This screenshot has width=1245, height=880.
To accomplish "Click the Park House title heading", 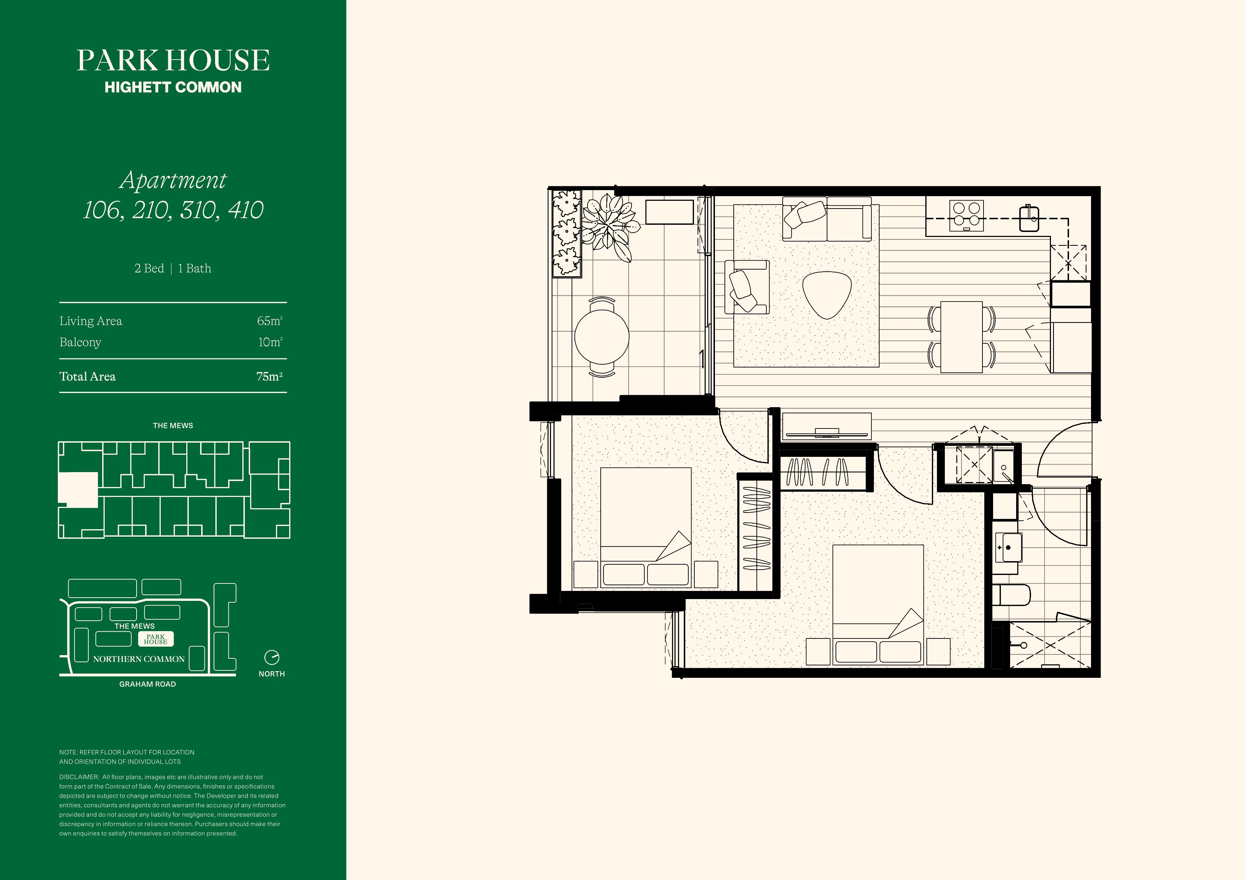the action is click(x=173, y=60).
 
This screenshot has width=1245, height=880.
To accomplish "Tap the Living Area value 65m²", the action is click(x=270, y=321).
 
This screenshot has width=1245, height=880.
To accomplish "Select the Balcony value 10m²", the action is click(x=270, y=342).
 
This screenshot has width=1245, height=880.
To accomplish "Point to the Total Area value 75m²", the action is click(x=270, y=376).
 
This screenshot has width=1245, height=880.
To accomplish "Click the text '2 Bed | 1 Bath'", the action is click(x=173, y=269).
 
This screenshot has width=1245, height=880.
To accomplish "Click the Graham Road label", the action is click(x=148, y=684).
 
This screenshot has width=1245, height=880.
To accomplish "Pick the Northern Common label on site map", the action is click(x=139, y=659).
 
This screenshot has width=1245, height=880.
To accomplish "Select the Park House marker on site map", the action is click(x=156, y=639).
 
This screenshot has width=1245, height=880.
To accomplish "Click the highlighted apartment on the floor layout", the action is click(x=78, y=489).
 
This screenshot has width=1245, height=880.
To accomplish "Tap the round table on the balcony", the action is click(x=602, y=336).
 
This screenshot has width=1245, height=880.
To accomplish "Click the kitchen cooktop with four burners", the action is click(x=967, y=216).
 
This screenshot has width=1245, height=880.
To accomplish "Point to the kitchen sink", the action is click(x=1029, y=218).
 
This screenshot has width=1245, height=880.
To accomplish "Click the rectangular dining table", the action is click(x=962, y=337).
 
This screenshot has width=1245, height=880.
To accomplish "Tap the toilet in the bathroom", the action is click(x=1011, y=595).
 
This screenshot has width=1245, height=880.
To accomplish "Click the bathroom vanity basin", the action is click(x=1009, y=547).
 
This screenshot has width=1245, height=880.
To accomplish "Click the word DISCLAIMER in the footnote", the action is click(x=79, y=777).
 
